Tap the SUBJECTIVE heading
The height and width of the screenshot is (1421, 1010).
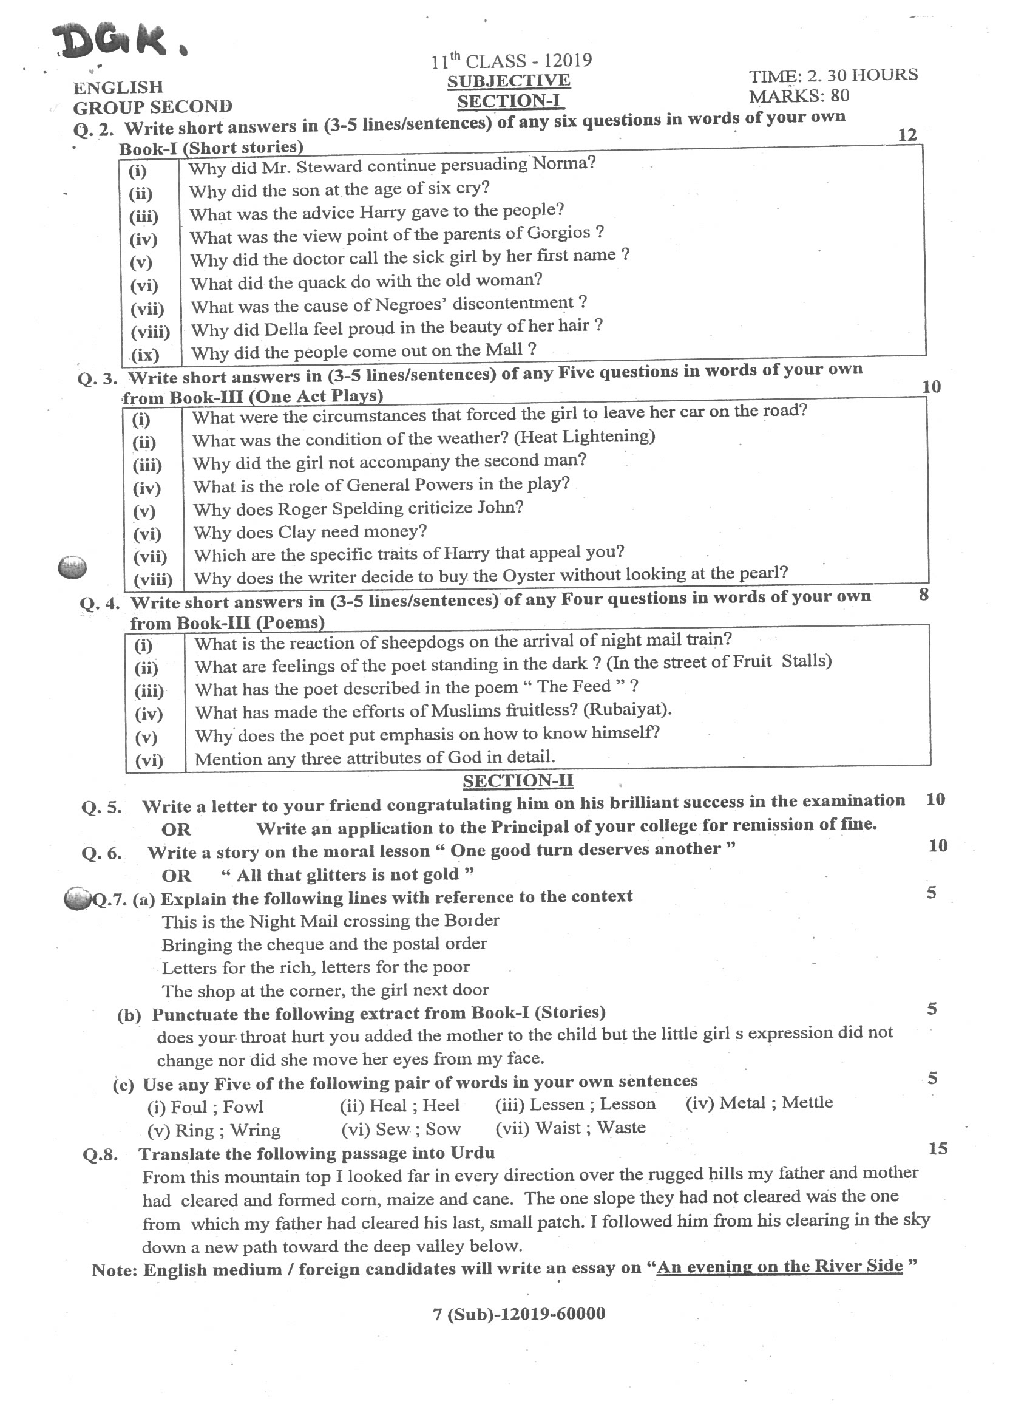508,81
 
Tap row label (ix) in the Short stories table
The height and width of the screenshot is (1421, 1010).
146,355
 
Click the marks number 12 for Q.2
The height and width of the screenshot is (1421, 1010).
907,135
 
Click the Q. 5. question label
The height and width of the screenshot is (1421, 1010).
101,808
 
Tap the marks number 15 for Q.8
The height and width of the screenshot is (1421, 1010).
937,1148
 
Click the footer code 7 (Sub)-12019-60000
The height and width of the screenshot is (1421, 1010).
519,1314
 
